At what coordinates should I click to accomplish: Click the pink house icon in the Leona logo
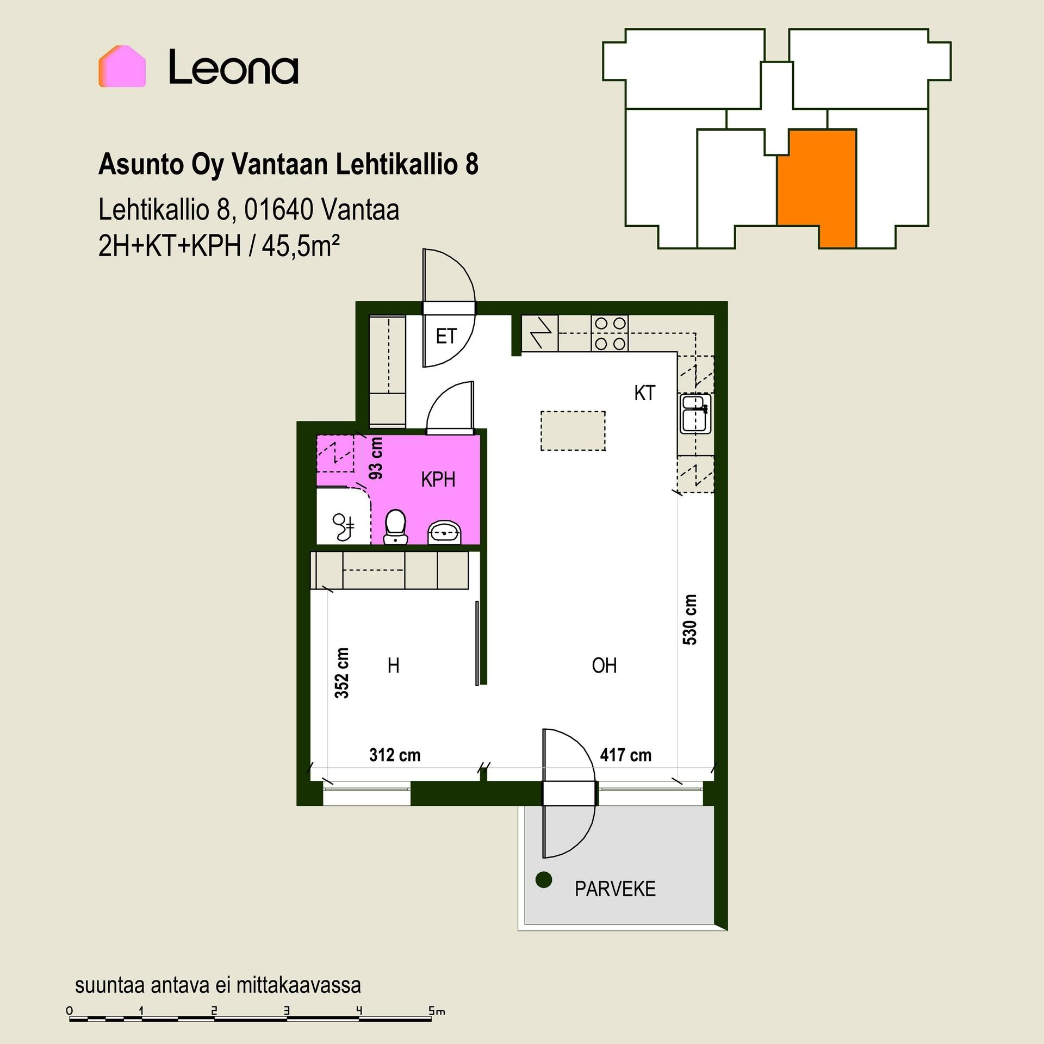[122, 66]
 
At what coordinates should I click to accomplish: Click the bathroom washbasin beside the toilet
[445, 532]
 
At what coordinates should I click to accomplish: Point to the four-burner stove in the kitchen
[610, 333]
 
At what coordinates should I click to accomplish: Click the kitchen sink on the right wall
[695, 413]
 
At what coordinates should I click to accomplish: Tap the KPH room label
[438, 480]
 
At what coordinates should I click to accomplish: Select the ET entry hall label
[446, 336]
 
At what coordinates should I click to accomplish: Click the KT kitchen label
[645, 393]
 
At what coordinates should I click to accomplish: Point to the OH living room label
[604, 665]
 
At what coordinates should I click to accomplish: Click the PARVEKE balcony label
[615, 888]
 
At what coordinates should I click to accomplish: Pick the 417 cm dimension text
[625, 755]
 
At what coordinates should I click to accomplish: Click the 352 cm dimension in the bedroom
[341, 673]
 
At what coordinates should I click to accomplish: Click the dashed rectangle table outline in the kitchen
[573, 431]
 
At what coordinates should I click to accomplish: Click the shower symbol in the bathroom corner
[343, 527]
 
